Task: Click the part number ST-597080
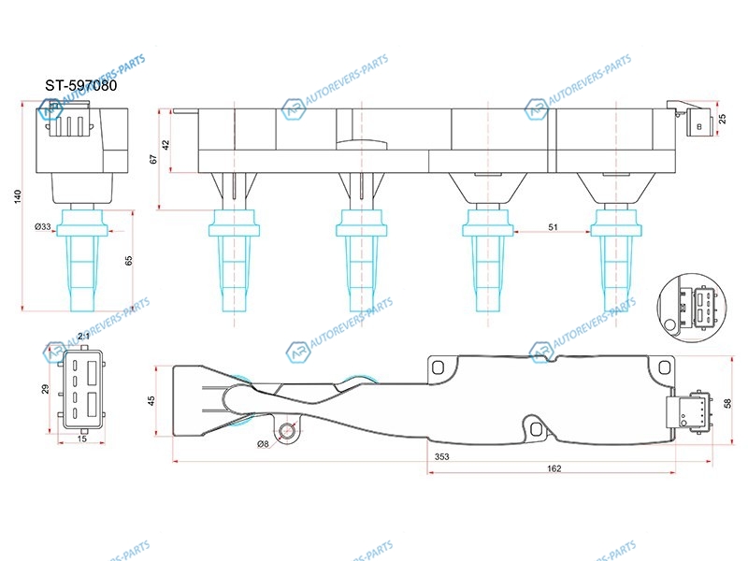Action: (81, 85)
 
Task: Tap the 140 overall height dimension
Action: (18, 196)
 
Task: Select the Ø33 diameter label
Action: (43, 226)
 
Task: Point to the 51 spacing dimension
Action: (553, 227)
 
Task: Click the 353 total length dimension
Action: (441, 456)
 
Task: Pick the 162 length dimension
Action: (554, 468)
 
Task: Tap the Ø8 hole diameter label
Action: (263, 443)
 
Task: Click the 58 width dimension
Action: (727, 403)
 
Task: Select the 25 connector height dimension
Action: (722, 119)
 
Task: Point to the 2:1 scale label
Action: (83, 337)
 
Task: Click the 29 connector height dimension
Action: (45, 389)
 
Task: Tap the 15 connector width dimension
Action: (82, 439)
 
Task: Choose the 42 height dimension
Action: (165, 145)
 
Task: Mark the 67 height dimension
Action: (153, 159)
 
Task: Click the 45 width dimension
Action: (151, 401)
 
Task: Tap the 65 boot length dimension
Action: (128, 261)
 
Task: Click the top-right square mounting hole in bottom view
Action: (664, 367)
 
